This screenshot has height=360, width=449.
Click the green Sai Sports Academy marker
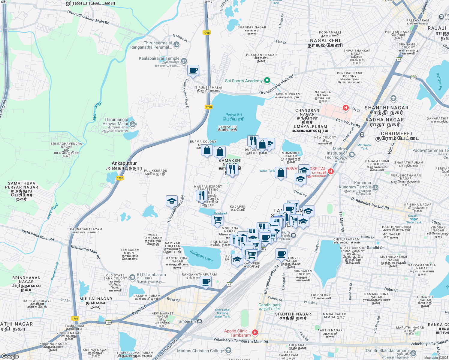[267, 80]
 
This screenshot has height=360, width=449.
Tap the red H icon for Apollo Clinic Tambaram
[255, 332]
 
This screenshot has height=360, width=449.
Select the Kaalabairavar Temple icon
[184, 61]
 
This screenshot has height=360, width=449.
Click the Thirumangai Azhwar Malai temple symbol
[133, 124]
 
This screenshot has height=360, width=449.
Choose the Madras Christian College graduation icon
[228, 350]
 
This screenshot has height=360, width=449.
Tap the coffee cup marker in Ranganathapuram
[206, 282]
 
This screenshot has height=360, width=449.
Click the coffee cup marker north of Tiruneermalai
[193, 71]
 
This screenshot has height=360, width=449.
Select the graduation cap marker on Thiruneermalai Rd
[172, 201]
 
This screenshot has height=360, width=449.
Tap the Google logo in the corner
[10, 356]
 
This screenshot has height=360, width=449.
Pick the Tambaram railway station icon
[199, 321]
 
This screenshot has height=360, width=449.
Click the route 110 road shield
[108, 322]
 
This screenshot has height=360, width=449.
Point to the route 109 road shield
[414, 78]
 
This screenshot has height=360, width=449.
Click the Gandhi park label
[270, 305]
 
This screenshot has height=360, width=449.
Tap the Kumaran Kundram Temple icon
[375, 188]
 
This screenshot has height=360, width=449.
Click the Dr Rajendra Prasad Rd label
[370, 203]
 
